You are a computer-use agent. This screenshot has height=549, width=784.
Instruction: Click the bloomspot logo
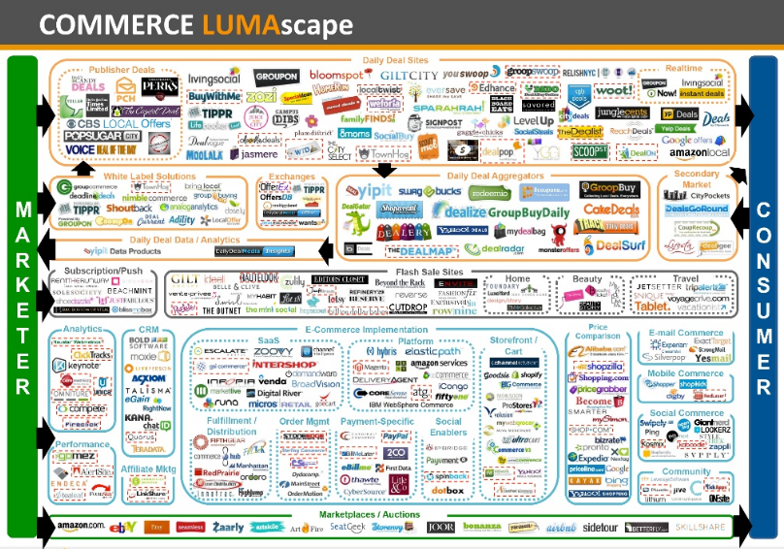[x=336, y=76]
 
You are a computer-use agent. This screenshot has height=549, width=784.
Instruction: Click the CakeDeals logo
[x=609, y=209]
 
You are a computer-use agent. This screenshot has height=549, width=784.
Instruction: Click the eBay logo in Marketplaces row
[x=122, y=528]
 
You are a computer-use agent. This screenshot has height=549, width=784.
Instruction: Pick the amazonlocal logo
[x=688, y=154]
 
